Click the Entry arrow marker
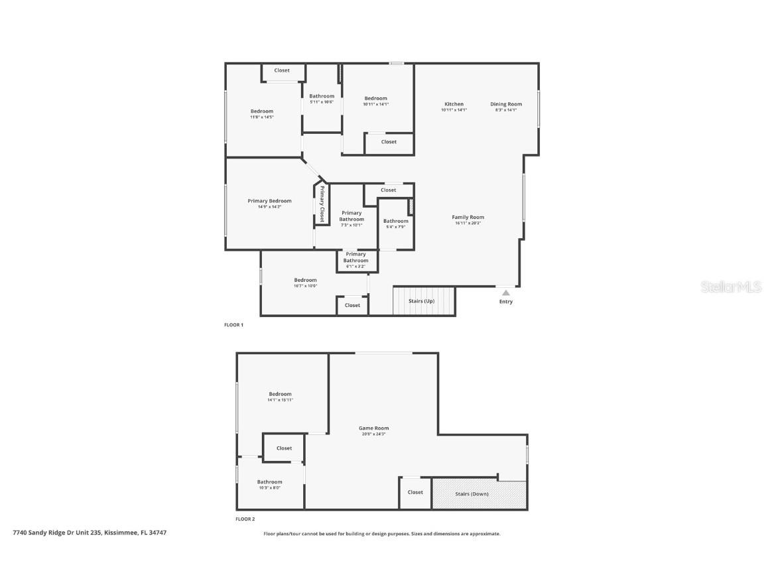[x=506, y=292]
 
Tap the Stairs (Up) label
[x=421, y=301]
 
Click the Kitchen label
[x=454, y=104]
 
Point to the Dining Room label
[x=506, y=104]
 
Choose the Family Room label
[x=468, y=217]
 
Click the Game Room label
[x=373, y=428]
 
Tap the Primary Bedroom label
[x=269, y=201]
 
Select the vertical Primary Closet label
[x=322, y=204]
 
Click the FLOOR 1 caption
[x=233, y=325]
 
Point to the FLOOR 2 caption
[x=245, y=519]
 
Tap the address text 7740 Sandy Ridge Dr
[x=90, y=533]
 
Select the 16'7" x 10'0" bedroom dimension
[x=305, y=286]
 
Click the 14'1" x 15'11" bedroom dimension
[x=280, y=400]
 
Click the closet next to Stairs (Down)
[x=415, y=492]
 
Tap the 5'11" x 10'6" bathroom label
[x=322, y=99]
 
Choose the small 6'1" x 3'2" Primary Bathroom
[x=355, y=260]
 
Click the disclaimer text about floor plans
[x=382, y=534]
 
